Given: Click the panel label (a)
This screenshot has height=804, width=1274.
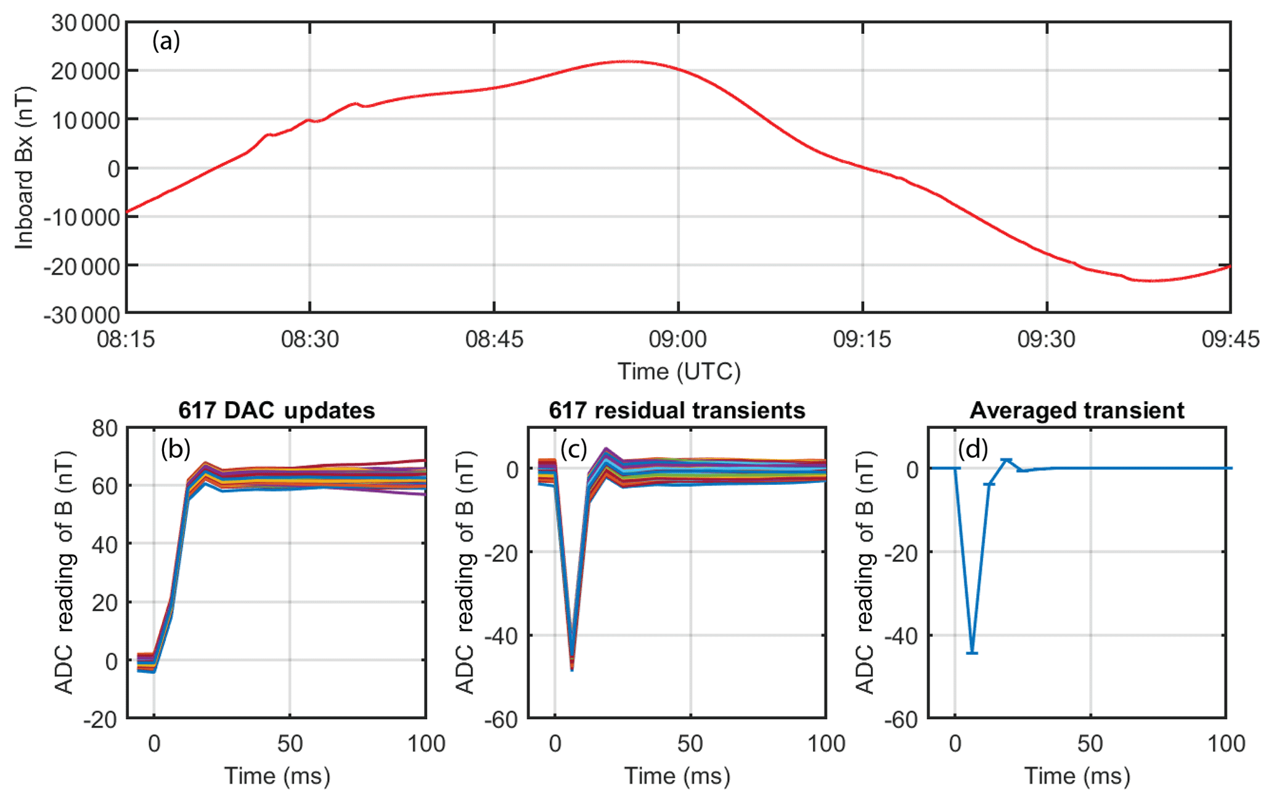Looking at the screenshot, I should click(x=166, y=41).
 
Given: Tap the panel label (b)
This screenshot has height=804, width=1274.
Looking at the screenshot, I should click(x=175, y=449).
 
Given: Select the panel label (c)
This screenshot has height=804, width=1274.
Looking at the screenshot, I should click(x=573, y=449).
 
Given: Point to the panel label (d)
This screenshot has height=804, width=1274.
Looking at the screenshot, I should click(x=973, y=449).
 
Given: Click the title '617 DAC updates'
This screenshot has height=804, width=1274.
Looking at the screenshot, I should click(x=277, y=410).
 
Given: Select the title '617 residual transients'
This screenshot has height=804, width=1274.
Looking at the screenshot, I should click(x=677, y=410).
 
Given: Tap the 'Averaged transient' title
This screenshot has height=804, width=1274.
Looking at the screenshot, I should click(x=1077, y=410).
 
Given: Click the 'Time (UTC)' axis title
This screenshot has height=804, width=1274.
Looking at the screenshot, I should click(x=679, y=372).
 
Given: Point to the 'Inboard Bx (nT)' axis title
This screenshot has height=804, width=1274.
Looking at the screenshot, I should click(x=24, y=168).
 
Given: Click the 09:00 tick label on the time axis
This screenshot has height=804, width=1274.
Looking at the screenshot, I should click(x=678, y=339).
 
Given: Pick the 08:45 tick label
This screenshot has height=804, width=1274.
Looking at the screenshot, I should click(x=494, y=339).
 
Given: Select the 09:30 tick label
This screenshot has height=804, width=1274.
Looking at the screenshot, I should click(x=1046, y=339).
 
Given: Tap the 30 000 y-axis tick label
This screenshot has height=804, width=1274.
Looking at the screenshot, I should click(x=85, y=23).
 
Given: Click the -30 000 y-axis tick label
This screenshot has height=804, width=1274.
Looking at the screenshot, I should click(x=81, y=315).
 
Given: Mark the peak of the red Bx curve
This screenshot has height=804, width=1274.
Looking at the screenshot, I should click(x=626, y=61).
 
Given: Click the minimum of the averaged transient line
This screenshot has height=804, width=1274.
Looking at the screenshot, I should click(x=972, y=652).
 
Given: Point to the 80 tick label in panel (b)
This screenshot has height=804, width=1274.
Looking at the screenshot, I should click(x=105, y=428).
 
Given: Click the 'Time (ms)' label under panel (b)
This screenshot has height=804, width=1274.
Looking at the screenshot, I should click(x=277, y=776).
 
